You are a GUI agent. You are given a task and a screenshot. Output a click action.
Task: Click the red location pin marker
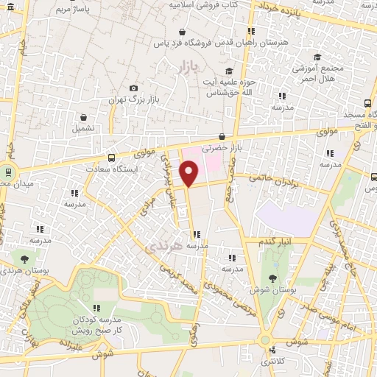pyautogui.click(x=189, y=174)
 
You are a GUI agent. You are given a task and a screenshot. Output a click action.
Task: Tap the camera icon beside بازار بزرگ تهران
pyautogui.click(x=133, y=88)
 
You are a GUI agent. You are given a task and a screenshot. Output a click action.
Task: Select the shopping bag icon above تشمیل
pyautogui.click(x=82, y=117)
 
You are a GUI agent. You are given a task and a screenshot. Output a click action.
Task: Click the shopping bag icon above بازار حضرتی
pyautogui.click(x=222, y=135)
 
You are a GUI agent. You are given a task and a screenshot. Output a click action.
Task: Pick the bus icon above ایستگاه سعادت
pyautogui.click(x=111, y=157)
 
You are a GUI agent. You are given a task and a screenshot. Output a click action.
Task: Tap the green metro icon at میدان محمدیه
pyautogui.click(x=8, y=172)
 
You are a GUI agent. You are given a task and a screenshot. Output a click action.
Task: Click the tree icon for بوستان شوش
pyautogui.click(x=273, y=278)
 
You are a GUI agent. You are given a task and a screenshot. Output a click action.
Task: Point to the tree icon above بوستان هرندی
pyautogui.click(x=25, y=259)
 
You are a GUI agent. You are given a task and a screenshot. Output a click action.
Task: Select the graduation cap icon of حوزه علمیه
pyautogui.click(x=228, y=71)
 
